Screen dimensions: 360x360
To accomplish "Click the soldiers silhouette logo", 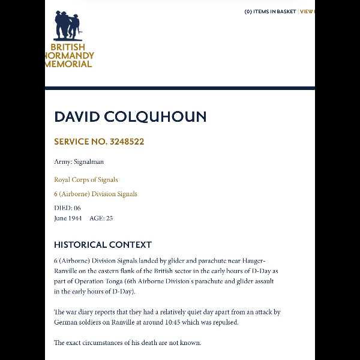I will click(67, 25).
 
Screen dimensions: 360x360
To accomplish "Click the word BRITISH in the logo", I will click(68, 47).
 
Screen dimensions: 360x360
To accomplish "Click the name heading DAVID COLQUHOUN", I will click(130, 116).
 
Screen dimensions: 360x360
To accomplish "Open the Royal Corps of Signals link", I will click(86, 179).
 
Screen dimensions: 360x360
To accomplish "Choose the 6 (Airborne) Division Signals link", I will click(95, 194).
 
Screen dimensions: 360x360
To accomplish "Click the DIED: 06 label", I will click(67, 208).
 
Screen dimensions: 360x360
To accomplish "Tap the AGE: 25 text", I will click(101, 218).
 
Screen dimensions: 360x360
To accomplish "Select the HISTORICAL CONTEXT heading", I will click(103, 245).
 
